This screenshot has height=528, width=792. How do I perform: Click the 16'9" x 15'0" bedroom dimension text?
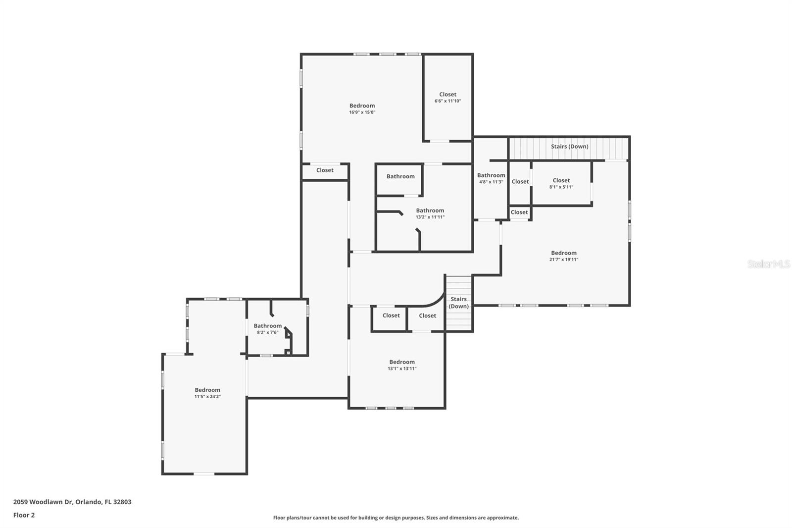click(362, 112)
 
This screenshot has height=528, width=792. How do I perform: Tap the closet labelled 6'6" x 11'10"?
click(447, 98)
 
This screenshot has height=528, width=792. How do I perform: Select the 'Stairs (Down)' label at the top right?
click(569, 147)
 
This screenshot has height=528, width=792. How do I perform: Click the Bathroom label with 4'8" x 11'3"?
click(491, 175)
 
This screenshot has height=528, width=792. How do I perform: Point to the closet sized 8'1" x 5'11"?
click(561, 184)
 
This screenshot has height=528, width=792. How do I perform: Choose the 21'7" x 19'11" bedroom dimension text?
click(563, 260)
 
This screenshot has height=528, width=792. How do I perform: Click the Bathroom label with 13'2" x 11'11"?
click(430, 211)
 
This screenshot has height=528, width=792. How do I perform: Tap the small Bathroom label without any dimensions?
click(400, 176)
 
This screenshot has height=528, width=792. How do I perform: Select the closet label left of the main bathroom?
click(325, 170)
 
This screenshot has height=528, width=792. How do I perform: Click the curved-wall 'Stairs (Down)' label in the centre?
click(458, 303)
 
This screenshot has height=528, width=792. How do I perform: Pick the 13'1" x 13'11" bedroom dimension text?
click(401, 369)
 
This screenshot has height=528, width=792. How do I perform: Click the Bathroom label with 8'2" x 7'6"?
click(267, 326)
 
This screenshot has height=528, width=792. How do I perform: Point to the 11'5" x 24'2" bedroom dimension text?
click(207, 397)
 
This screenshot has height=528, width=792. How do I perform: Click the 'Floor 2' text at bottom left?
click(24, 515)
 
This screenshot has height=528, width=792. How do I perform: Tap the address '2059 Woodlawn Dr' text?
click(43, 502)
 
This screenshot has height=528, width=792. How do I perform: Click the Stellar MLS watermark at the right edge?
click(768, 264)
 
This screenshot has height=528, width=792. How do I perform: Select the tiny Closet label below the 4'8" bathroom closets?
click(519, 212)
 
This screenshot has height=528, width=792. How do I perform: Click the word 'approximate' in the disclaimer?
click(502, 518)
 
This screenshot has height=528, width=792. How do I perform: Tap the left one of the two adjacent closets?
click(391, 316)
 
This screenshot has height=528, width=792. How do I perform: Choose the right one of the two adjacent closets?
click(427, 316)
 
